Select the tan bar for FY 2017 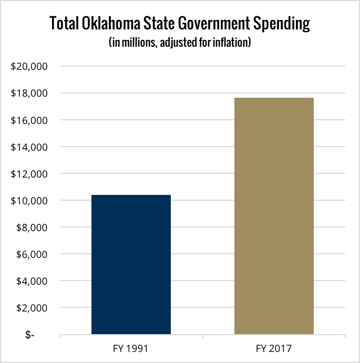274,216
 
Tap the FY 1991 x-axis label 131,348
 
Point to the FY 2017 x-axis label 274,348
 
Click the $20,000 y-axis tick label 29,67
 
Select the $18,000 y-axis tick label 29,94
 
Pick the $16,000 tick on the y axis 29,120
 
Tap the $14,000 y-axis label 29,147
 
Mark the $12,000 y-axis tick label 29,174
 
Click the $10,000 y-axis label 29,201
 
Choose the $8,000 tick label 32,227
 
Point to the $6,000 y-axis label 32,254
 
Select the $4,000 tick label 32,281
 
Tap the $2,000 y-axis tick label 32,308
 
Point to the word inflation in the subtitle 231,42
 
